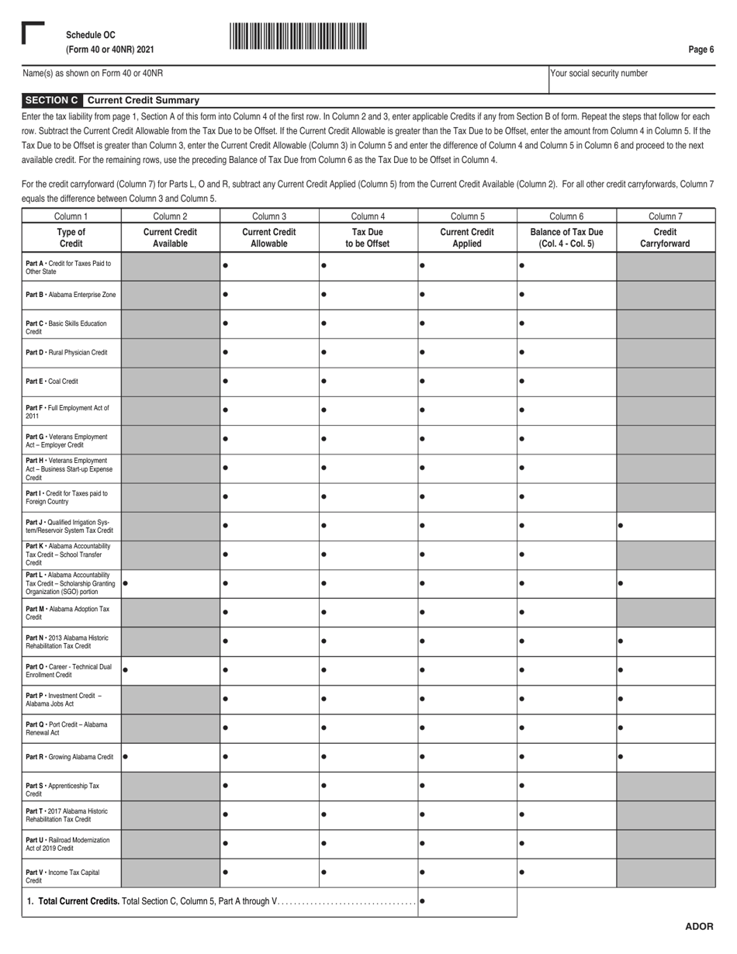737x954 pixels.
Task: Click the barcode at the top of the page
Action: [x=298, y=36]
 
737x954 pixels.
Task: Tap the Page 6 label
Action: [x=701, y=50]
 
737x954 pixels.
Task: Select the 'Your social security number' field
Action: [x=631, y=79]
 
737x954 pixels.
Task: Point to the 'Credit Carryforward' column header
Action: [x=666, y=237]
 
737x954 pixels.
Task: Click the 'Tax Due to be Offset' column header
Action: [x=368, y=237]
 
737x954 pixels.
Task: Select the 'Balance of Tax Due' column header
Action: [x=566, y=237]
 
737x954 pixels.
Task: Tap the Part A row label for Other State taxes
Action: [x=71, y=268]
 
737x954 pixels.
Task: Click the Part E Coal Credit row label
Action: [x=71, y=382]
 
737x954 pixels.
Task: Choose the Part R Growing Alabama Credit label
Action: [x=71, y=757]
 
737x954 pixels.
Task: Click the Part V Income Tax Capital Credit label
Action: [x=71, y=873]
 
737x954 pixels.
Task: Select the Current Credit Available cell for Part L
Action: [x=171, y=583]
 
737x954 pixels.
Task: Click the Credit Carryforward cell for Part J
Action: [x=666, y=526]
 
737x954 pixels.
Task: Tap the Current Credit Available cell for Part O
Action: [x=171, y=670]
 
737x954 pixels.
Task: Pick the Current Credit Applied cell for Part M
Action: [x=467, y=613]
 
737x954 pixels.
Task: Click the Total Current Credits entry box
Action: [x=467, y=902]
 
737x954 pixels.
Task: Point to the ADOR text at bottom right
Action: [x=698, y=927]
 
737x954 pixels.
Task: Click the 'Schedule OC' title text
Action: [x=91, y=35]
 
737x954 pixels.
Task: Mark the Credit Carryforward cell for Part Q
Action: [x=666, y=728]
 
